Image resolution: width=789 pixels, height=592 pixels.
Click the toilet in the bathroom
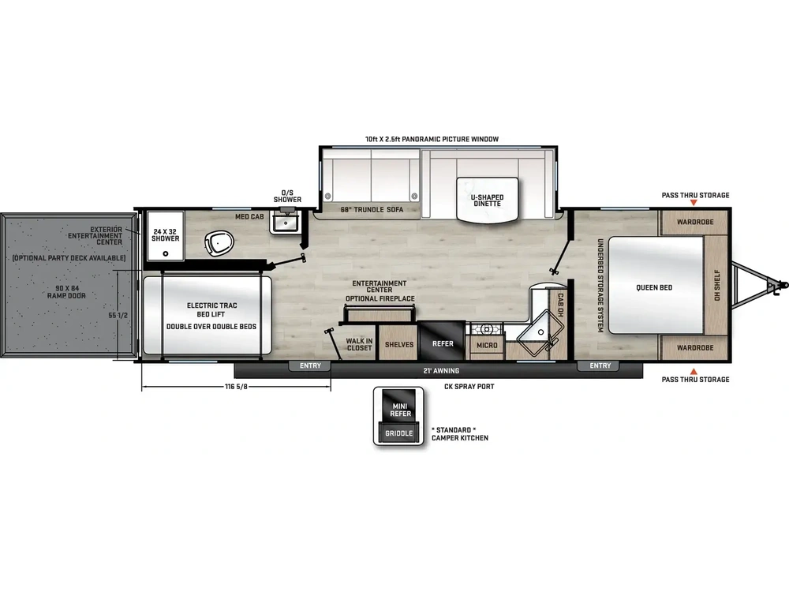[x=219, y=244]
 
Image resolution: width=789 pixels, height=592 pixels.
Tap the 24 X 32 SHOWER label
[x=166, y=235]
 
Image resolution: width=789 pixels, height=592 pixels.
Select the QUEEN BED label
[x=654, y=287]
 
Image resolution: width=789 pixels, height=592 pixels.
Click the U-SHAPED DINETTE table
[x=487, y=199]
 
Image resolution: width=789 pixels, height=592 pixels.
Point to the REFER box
[x=443, y=341]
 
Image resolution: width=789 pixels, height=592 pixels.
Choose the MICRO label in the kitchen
[x=487, y=346]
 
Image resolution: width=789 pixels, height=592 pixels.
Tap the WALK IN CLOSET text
[x=359, y=344]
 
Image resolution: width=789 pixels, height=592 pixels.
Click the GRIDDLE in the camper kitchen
[x=399, y=433]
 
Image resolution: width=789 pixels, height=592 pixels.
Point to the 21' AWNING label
[x=441, y=370]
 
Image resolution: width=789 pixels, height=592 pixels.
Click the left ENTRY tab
[x=310, y=366]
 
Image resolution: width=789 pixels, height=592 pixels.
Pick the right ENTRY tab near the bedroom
[x=600, y=366]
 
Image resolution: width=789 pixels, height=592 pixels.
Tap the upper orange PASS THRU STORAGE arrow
[x=694, y=202]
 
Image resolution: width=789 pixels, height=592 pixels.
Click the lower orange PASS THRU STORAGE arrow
[x=694, y=372]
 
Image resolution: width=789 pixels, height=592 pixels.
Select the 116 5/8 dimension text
[x=237, y=387]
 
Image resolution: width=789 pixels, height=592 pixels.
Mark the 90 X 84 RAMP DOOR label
[x=66, y=292]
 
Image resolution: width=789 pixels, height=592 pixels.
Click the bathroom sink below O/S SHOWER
[x=286, y=222]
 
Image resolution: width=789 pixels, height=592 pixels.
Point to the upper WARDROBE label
[x=695, y=222]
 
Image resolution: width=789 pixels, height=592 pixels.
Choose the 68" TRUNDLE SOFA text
[x=372, y=209]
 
